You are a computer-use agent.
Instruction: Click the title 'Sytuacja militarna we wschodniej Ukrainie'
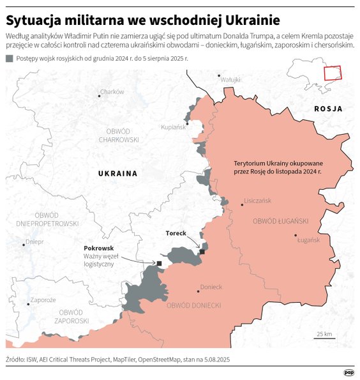[x=139, y=17]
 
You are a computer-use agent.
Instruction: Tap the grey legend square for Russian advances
[x=9, y=59]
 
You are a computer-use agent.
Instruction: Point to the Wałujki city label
[x=230, y=80]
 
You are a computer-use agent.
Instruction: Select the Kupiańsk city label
[x=173, y=127]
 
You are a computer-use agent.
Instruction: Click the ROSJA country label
[x=328, y=109]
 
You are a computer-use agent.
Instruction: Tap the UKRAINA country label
[x=117, y=173]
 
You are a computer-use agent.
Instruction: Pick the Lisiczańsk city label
[x=257, y=201]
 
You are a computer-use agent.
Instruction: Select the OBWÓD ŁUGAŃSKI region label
[x=281, y=221]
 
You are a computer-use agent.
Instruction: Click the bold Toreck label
[x=176, y=233]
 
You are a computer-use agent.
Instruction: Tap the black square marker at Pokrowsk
[x=160, y=262]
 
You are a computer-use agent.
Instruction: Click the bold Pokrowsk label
[x=98, y=248]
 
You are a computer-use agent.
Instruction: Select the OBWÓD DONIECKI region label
[x=193, y=306]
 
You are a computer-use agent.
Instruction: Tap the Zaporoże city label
[x=43, y=300]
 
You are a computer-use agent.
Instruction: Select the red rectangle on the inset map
[x=333, y=73]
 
